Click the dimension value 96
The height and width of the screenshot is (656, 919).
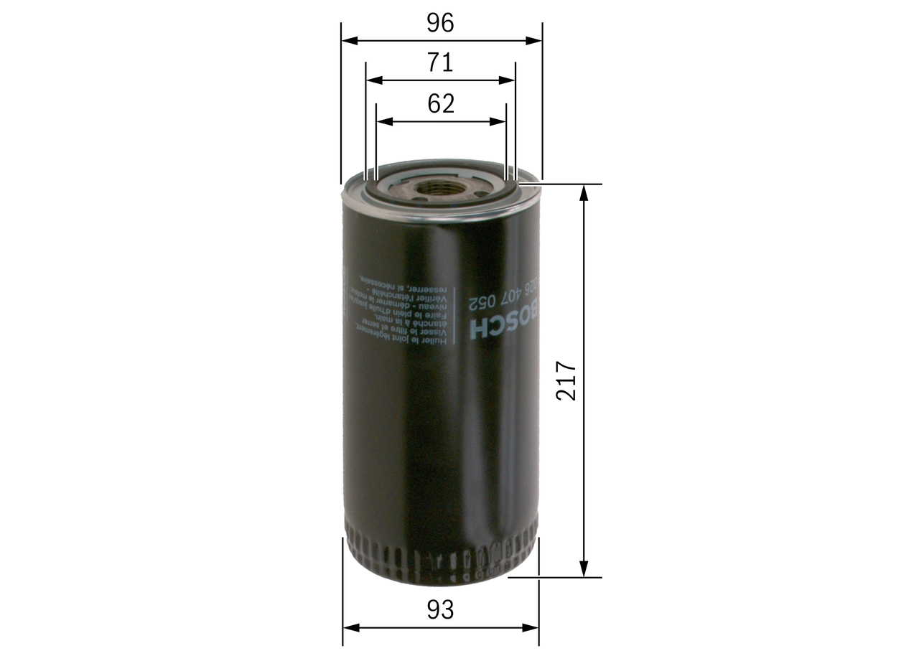click(x=440, y=24)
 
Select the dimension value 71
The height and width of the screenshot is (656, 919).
click(x=440, y=63)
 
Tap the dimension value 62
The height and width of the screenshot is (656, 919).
click(x=441, y=104)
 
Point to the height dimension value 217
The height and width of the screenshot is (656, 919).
click(x=566, y=380)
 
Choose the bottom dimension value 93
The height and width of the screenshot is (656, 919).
click(x=440, y=610)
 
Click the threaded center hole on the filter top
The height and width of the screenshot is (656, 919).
click(x=439, y=189)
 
